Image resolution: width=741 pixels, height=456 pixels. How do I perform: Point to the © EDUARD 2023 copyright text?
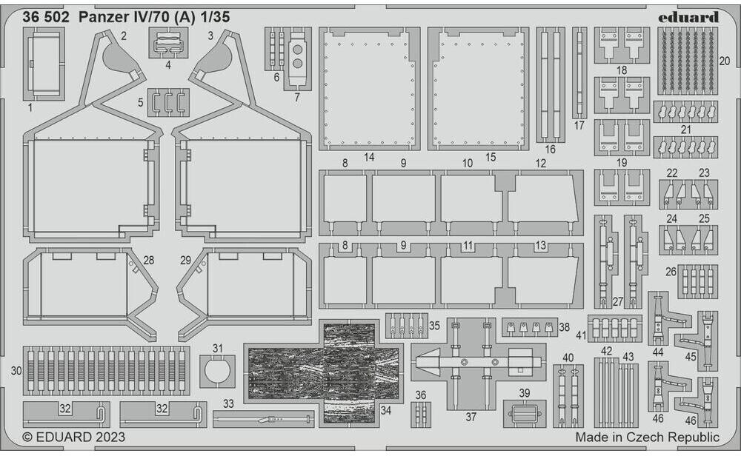(x=63, y=437)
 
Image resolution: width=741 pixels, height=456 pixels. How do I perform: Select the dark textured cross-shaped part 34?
(x=323, y=373)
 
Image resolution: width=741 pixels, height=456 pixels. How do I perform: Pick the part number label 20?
(x=724, y=60)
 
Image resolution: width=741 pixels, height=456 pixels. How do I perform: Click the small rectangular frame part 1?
(x=43, y=64)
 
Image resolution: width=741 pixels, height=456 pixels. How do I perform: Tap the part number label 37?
(x=471, y=417)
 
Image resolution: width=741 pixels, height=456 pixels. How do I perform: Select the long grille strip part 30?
(x=106, y=370)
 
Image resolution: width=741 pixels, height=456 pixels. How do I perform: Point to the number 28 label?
(x=149, y=261)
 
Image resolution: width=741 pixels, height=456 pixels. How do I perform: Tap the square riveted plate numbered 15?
(x=478, y=89)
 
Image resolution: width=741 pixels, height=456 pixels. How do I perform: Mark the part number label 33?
(x=228, y=404)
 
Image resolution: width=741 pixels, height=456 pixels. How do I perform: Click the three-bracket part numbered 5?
(x=169, y=102)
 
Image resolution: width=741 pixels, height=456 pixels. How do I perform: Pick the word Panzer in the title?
(x=102, y=17)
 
